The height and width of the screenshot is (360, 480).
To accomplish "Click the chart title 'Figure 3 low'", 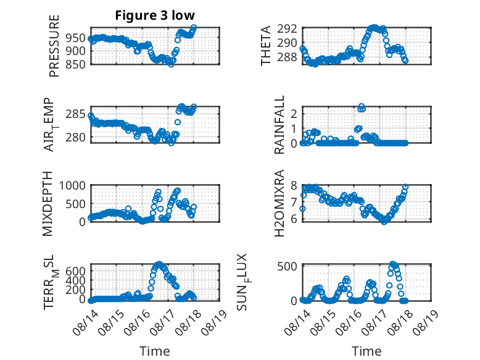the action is pyautogui.click(x=155, y=15).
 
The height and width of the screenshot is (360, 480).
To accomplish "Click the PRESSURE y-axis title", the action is pyautogui.click(x=54, y=46).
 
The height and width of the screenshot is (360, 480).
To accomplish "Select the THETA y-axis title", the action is pyautogui.click(x=266, y=46).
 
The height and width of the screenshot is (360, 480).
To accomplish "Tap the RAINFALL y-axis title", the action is pyautogui.click(x=279, y=125).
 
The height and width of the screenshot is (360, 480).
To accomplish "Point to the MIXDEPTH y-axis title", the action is pyautogui.click(x=48, y=204).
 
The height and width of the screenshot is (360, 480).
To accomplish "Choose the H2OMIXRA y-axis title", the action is pyautogui.click(x=279, y=203).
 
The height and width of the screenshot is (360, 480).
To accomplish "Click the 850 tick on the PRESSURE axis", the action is pyautogui.click(x=75, y=64).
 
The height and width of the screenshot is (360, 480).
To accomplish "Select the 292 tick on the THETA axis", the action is pyautogui.click(x=287, y=29).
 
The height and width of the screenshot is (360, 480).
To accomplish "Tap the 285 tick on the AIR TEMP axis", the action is pyautogui.click(x=75, y=114).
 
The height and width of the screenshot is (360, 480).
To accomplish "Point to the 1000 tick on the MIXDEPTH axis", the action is pyautogui.click(x=72, y=185).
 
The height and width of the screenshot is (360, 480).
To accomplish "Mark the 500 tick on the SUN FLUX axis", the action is pyautogui.click(x=287, y=266).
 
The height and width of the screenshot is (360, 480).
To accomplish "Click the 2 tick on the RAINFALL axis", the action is pyautogui.click(x=294, y=114).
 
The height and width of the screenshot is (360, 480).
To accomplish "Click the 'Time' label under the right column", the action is pyautogui.click(x=366, y=351).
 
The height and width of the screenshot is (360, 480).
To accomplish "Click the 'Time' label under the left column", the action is pyautogui.click(x=155, y=351).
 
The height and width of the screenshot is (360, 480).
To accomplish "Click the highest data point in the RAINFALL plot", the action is pyautogui.click(x=362, y=107).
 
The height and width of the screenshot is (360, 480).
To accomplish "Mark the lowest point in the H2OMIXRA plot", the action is pyautogui.click(x=384, y=222).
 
